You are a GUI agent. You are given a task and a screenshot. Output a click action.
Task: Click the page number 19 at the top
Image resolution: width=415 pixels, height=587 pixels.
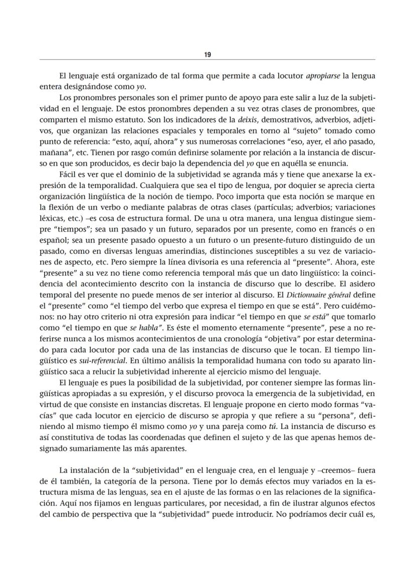[x=207, y=55]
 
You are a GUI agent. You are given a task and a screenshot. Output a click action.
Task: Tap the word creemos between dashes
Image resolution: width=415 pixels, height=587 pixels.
[x=317, y=470]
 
